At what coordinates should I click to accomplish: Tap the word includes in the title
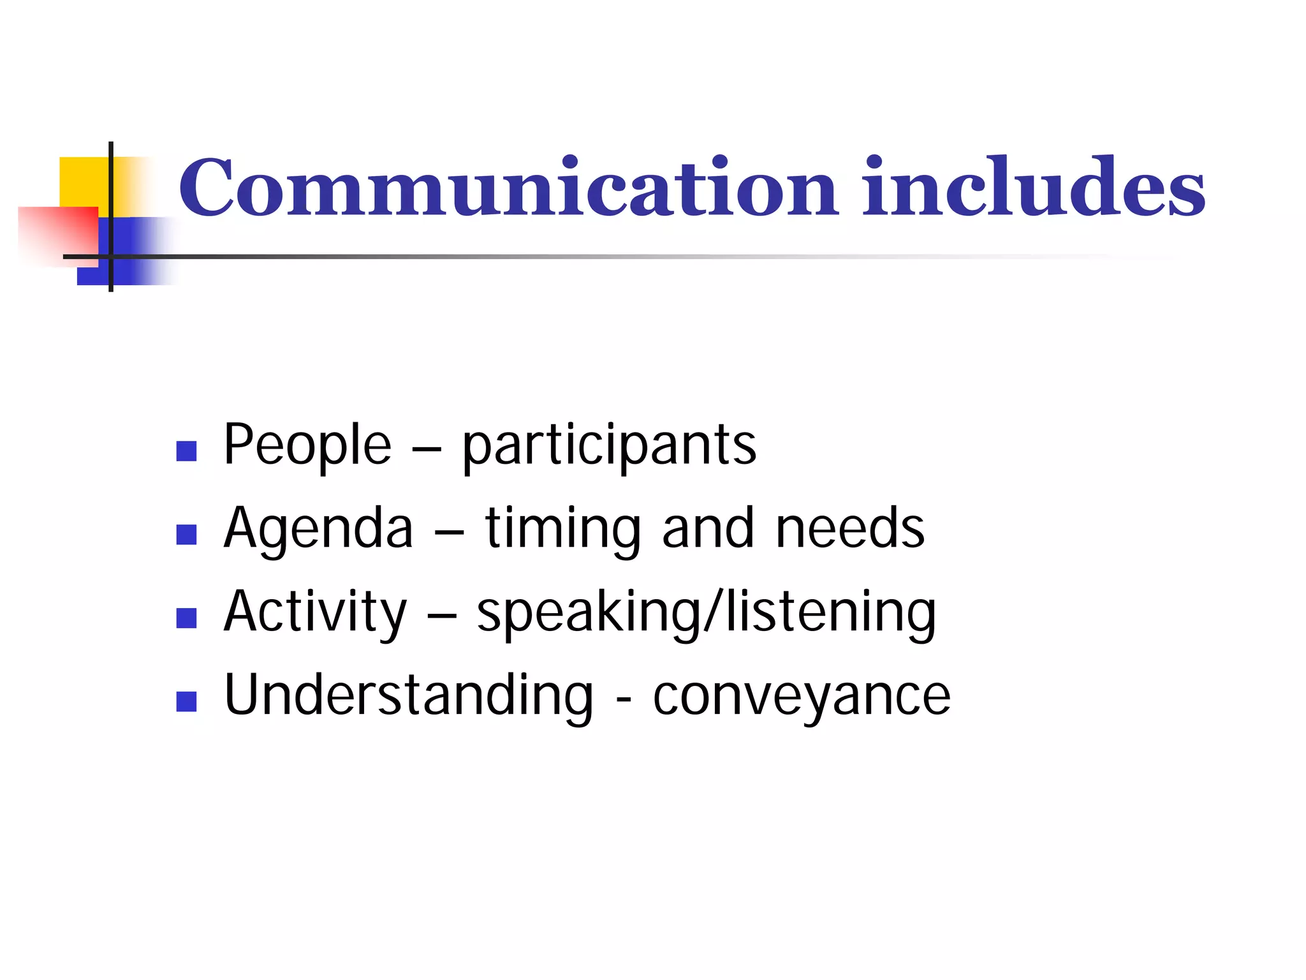click(x=1033, y=186)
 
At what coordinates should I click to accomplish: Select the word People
click(x=307, y=445)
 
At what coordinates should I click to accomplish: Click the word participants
click(x=609, y=447)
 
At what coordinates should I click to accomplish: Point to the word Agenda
click(x=318, y=530)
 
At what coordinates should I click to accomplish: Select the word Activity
click(x=315, y=613)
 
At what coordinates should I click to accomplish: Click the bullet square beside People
click(x=186, y=451)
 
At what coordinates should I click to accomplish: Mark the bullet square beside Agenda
click(x=186, y=535)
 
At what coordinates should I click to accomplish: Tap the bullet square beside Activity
click(x=186, y=618)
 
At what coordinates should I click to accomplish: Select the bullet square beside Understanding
click(x=186, y=702)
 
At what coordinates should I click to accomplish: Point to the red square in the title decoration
click(x=57, y=233)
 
